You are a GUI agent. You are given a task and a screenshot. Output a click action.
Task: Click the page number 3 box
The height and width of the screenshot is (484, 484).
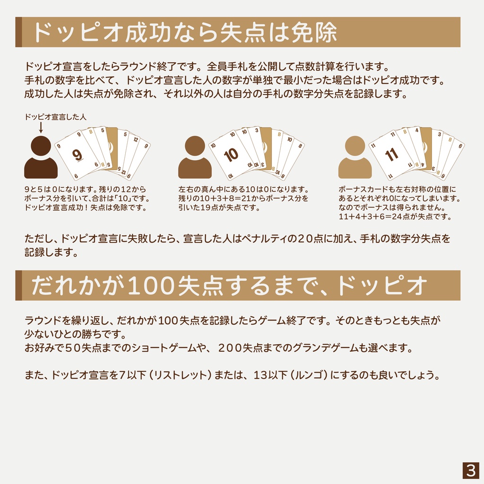[x=470, y=470]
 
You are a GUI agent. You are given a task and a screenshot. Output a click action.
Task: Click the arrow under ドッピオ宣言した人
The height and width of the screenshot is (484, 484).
[x=41, y=127]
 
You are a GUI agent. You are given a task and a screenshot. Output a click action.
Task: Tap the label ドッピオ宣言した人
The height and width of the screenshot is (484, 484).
[x=55, y=116]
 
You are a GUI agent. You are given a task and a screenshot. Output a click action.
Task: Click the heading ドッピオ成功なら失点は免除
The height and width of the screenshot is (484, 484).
[x=184, y=32]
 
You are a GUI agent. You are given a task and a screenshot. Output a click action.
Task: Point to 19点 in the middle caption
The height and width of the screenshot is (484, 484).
[x=215, y=207]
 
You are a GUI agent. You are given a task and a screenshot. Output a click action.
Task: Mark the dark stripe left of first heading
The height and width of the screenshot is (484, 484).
[x=18, y=32]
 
